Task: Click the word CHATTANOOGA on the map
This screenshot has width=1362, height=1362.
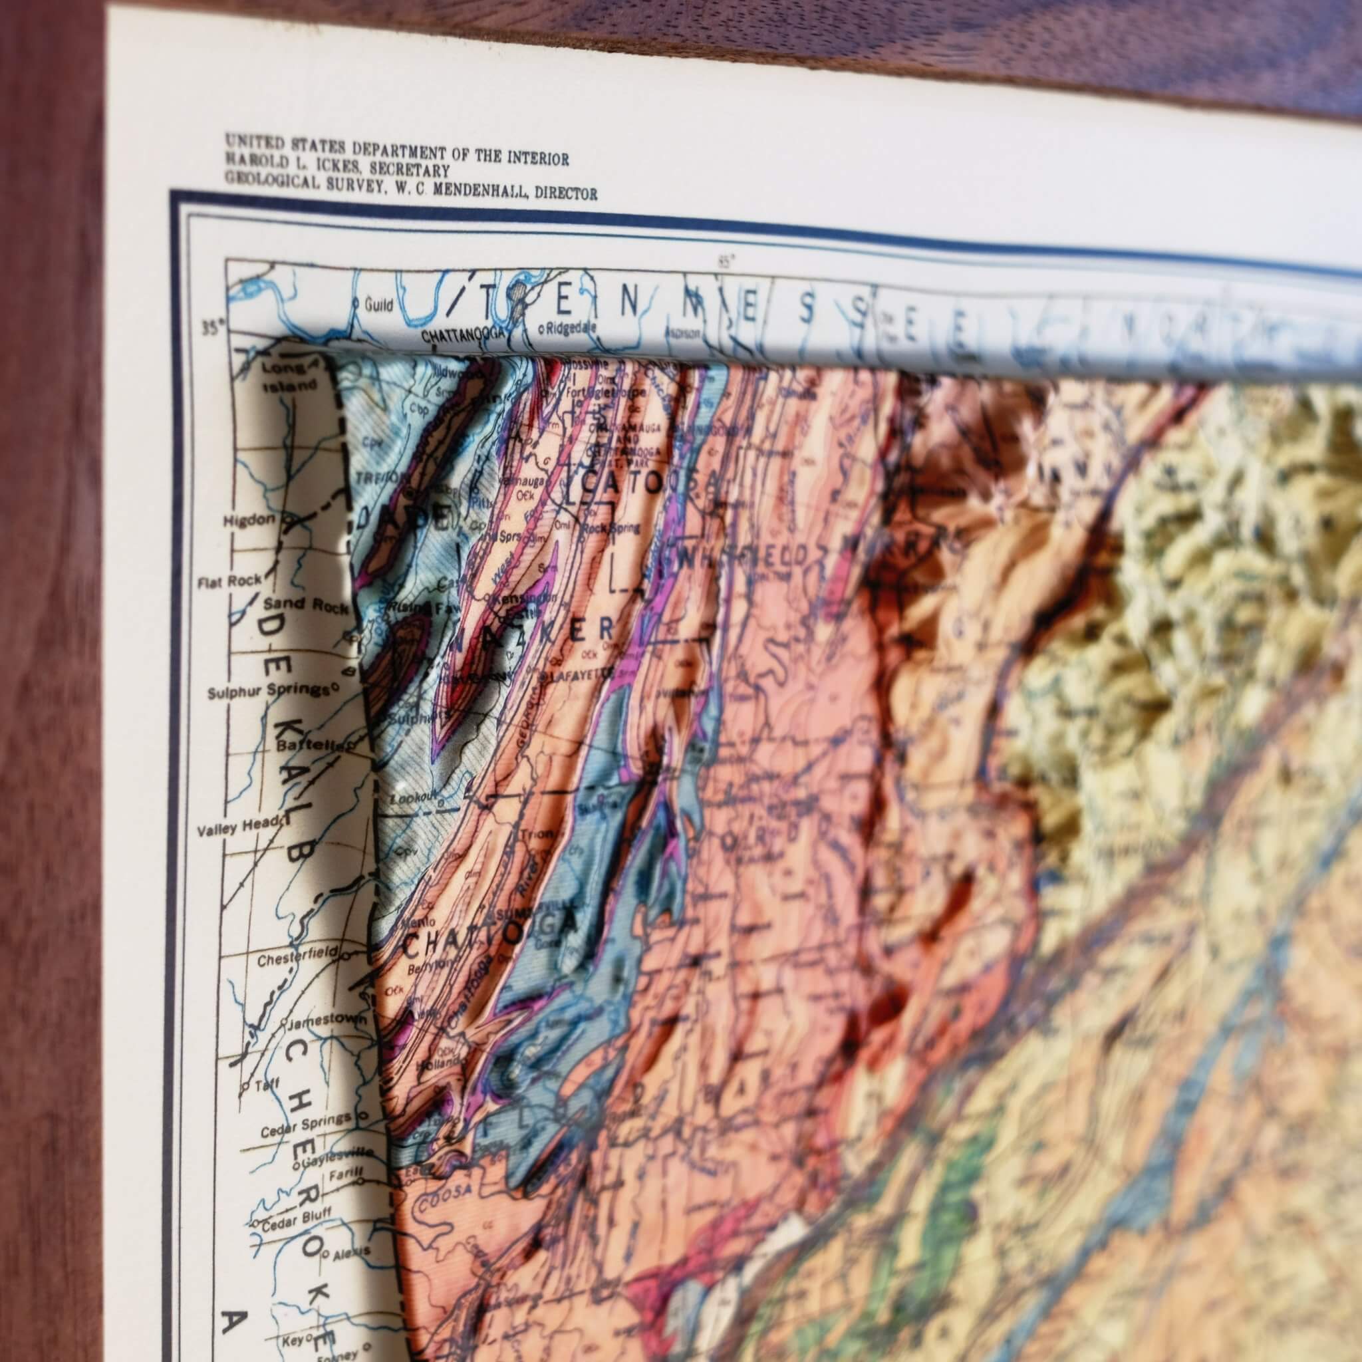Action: pyautogui.click(x=462, y=335)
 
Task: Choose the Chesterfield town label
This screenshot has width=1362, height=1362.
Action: pyautogui.click(x=289, y=960)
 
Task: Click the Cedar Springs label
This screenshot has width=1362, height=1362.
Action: pyautogui.click(x=306, y=1117)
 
